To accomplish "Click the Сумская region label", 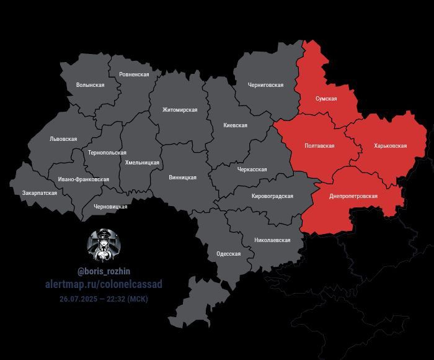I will [x=325, y=99].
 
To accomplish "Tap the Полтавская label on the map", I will [x=319, y=146].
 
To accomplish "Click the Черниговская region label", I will [x=265, y=85].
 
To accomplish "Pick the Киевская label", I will [x=235, y=125].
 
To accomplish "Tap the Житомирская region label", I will [x=180, y=110].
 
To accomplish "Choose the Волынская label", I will [x=90, y=85].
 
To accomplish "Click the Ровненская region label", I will [x=135, y=74].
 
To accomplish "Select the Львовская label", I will [x=63, y=139].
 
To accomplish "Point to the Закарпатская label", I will [x=40, y=193].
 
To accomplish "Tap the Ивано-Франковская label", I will [x=84, y=179].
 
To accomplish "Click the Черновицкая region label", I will [x=110, y=207].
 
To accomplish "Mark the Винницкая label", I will [x=182, y=178].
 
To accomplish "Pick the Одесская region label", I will [x=228, y=254].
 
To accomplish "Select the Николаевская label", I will [x=272, y=240].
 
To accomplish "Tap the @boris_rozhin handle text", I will [x=104, y=271].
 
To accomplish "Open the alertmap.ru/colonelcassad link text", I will [x=104, y=284].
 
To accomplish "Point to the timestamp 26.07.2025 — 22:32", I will [x=104, y=299].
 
